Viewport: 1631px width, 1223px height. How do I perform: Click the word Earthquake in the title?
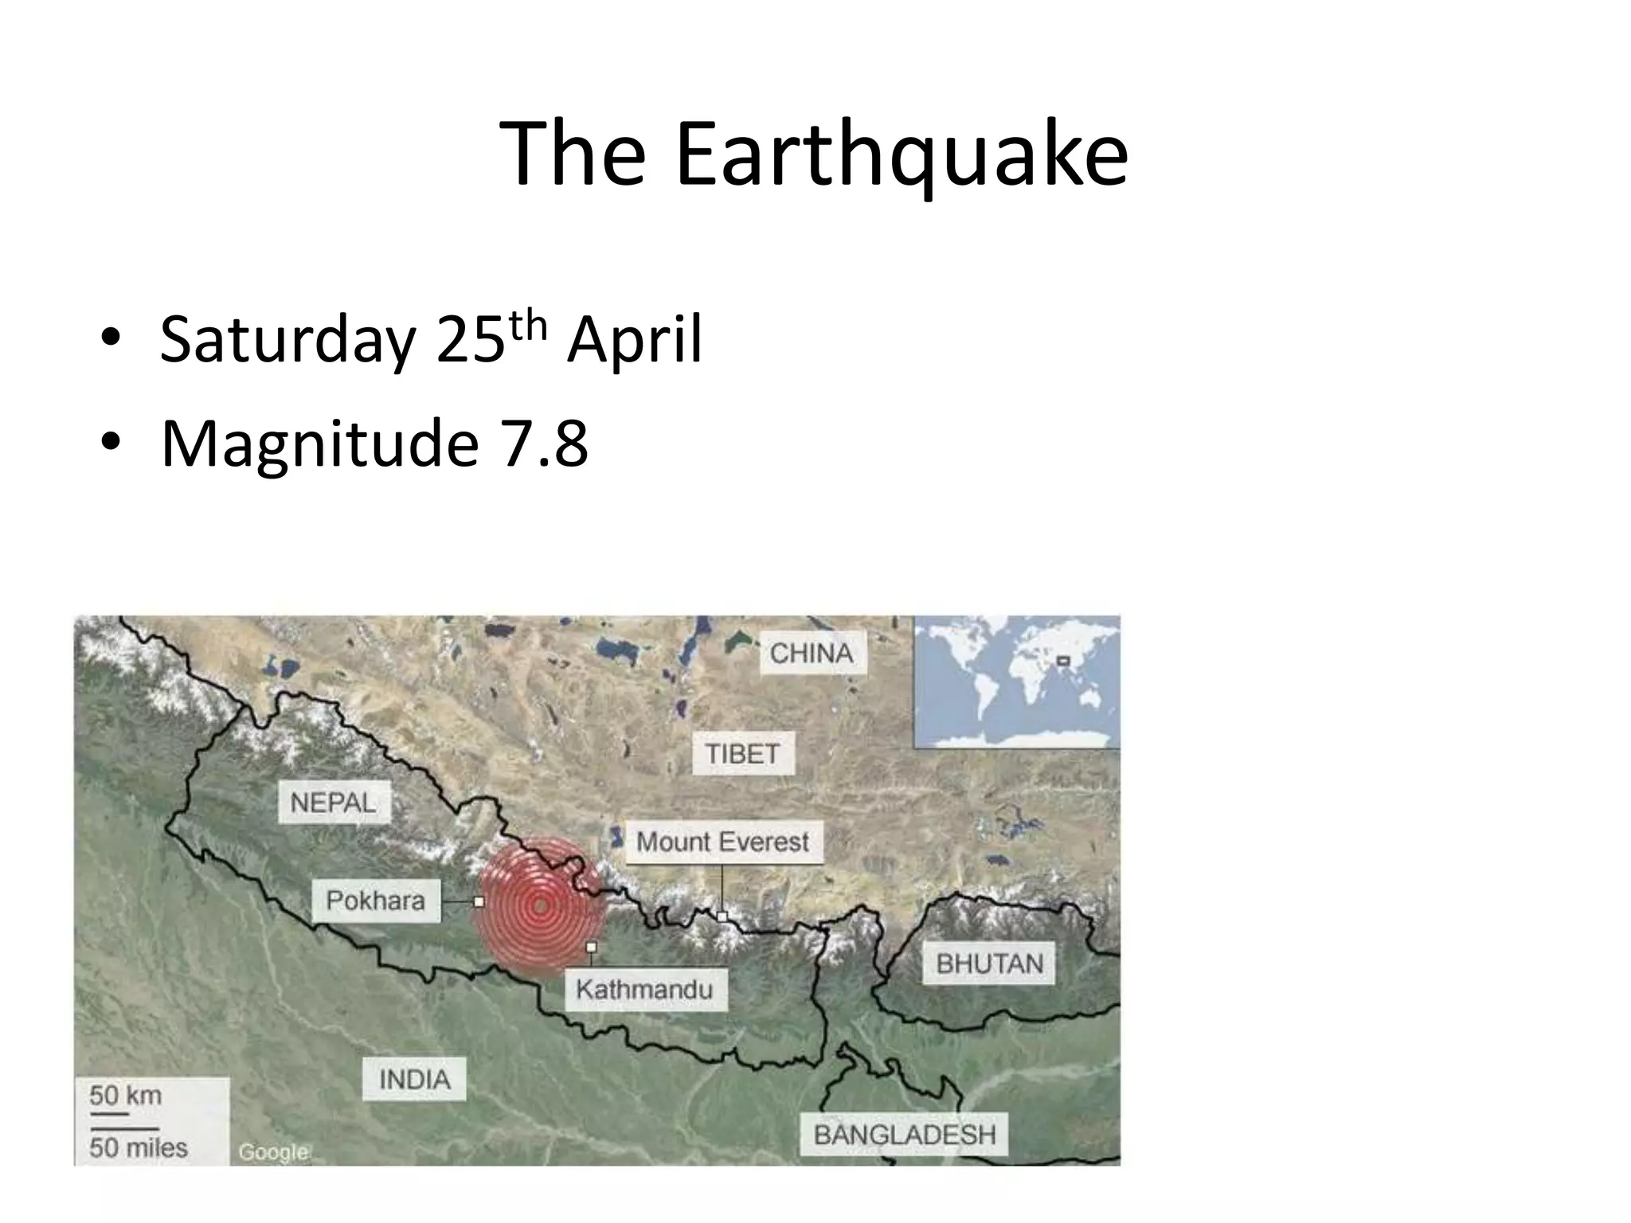pyautogui.click(x=901, y=155)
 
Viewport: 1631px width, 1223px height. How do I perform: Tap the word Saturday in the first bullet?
pyautogui.click(x=287, y=340)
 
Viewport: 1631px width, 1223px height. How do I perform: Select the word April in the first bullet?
pyautogui.click(x=635, y=340)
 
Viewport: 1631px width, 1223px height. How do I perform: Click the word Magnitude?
pyautogui.click(x=319, y=444)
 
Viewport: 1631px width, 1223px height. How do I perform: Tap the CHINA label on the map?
pyautogui.click(x=812, y=653)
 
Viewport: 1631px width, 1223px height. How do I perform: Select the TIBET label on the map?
pyautogui.click(x=742, y=753)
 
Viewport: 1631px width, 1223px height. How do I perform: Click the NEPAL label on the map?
pyautogui.click(x=333, y=802)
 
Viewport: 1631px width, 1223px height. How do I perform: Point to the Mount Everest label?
pyautogui.click(x=722, y=842)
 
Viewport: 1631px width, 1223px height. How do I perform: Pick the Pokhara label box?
pyautogui.click(x=375, y=901)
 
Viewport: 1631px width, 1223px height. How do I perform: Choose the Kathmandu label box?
pyautogui.click(x=644, y=990)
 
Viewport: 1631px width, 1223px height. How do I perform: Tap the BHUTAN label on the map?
pyautogui.click(x=989, y=963)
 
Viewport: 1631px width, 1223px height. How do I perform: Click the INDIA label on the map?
pyautogui.click(x=414, y=1080)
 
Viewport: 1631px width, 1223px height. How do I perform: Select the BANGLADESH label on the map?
pyautogui.click(x=905, y=1135)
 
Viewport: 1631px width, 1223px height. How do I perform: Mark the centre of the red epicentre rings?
pyautogui.click(x=541, y=905)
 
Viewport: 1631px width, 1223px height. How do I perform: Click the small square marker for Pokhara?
pyautogui.click(x=479, y=902)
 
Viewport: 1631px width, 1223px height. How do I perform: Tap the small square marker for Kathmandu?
pyautogui.click(x=591, y=948)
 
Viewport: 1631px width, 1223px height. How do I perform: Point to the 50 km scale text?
pyautogui.click(x=126, y=1096)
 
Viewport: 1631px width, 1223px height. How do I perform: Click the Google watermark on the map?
pyautogui.click(x=273, y=1151)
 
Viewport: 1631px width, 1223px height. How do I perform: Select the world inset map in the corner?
pyautogui.click(x=1016, y=682)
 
